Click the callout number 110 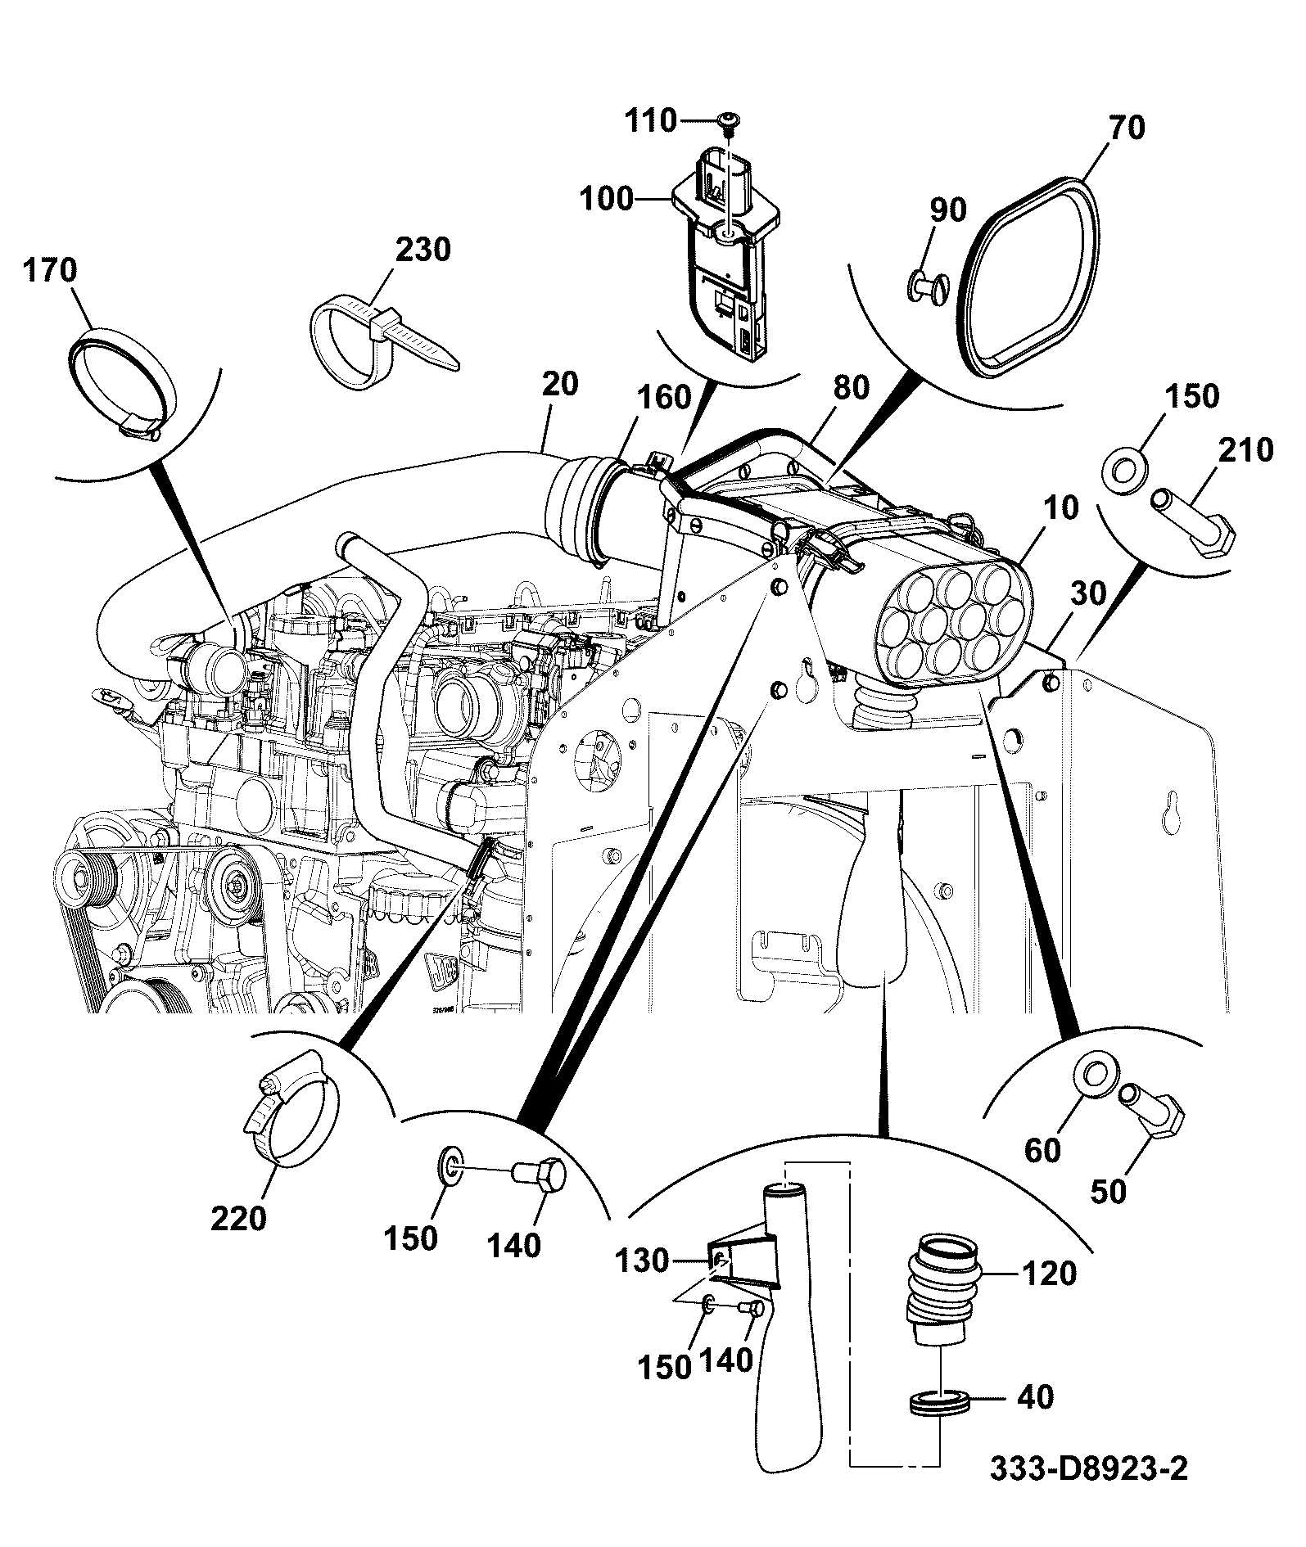pyautogui.click(x=651, y=122)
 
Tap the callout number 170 pyautogui.click(x=49, y=270)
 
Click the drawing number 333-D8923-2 pyautogui.click(x=1088, y=1491)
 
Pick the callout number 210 pyautogui.click(x=1245, y=450)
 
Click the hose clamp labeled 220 pyautogui.click(x=291, y=1107)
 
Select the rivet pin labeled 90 pyautogui.click(x=928, y=286)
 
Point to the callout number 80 pyautogui.click(x=852, y=387)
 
